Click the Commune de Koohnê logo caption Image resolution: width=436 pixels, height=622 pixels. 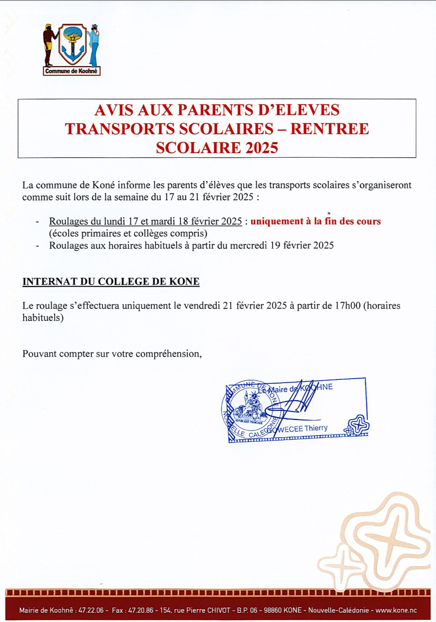point(71,71)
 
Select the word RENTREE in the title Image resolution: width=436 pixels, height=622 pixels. point(329,129)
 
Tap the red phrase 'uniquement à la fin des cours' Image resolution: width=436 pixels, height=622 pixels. point(315,221)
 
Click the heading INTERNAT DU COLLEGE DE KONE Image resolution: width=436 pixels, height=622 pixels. point(111,282)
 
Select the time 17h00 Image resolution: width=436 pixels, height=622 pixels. point(348,306)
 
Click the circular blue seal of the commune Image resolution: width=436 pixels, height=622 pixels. point(250,410)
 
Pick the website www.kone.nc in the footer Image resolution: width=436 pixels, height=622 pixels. point(396,610)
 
